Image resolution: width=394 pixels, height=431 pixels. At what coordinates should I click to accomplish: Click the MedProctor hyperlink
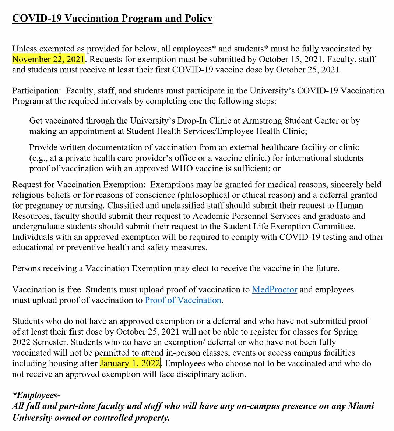click(x=274, y=290)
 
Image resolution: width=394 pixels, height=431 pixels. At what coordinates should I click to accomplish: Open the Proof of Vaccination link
click(x=183, y=300)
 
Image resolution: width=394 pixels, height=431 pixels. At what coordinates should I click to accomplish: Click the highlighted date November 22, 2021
click(x=48, y=59)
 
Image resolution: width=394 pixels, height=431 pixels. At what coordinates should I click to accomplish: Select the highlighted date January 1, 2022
click(x=130, y=364)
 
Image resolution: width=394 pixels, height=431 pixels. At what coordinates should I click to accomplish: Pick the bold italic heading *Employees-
click(x=36, y=395)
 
